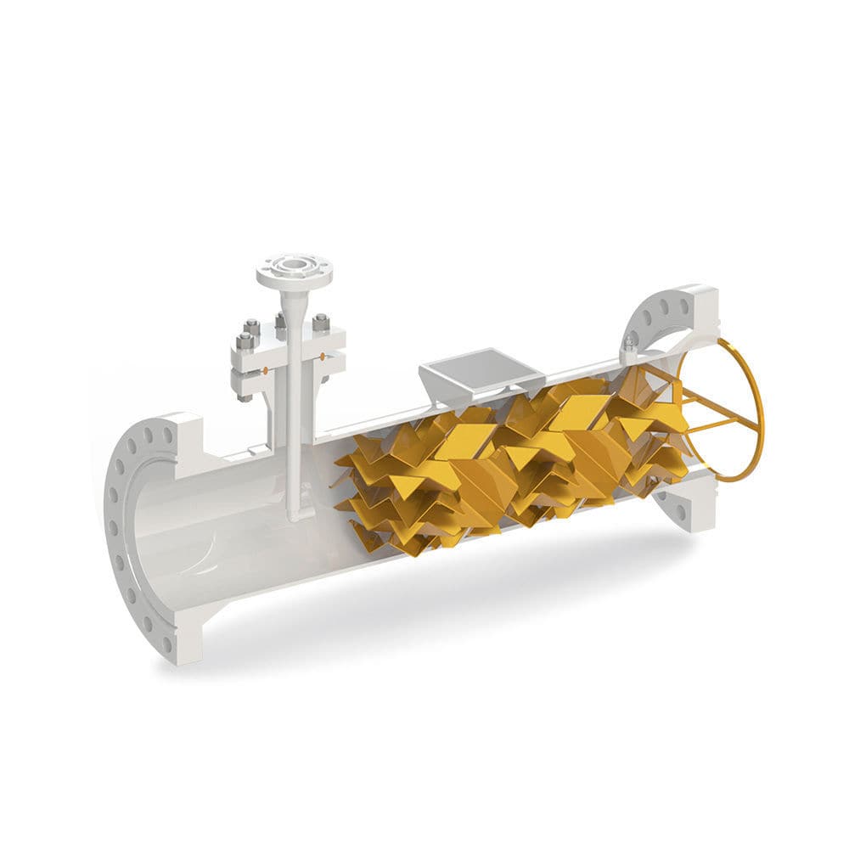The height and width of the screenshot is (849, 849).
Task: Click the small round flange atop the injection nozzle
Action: [x=295, y=271]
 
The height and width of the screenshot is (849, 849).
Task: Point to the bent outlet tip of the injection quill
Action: [x=295, y=514]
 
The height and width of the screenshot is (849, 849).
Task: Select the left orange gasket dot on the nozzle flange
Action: [x=267, y=370]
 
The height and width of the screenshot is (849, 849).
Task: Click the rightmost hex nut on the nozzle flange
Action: [x=321, y=323]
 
